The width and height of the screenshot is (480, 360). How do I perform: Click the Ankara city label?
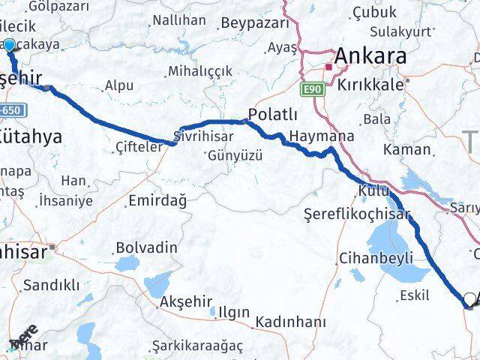click(370, 56)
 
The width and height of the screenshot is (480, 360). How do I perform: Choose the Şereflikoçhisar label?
click(357, 214)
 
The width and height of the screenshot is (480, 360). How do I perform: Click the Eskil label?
click(415, 295)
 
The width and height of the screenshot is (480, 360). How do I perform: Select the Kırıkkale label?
click(371, 84)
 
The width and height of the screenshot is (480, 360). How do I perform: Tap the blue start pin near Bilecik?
click(9, 46)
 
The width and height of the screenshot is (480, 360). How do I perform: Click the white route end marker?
click(469, 299)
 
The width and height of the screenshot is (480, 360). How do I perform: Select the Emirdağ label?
click(157, 200)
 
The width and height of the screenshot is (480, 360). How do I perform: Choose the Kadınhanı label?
click(290, 322)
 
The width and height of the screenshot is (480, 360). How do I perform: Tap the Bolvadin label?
click(147, 247)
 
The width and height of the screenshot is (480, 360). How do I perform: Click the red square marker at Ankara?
click(328, 67)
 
